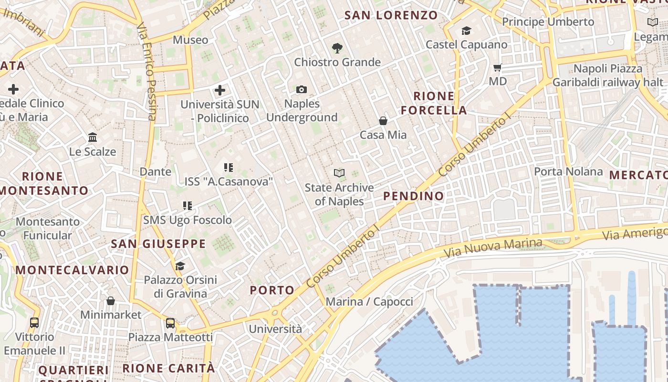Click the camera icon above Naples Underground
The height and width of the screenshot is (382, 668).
301,89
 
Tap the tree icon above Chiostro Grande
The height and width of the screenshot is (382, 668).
337,48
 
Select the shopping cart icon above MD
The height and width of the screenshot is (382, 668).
498,68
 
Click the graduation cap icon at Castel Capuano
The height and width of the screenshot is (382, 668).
466,31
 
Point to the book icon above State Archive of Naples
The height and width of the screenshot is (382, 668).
339,173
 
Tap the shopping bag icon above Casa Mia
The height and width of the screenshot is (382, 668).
383,121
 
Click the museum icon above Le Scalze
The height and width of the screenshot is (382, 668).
93,138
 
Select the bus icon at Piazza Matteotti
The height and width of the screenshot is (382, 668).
170,323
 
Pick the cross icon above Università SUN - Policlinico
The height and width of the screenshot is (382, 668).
220,90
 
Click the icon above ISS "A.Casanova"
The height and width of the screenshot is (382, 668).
229,167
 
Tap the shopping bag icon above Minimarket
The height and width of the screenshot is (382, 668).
111,301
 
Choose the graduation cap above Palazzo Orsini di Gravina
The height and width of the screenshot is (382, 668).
180,266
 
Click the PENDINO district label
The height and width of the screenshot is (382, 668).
413,196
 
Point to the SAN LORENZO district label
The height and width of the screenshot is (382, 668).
391,15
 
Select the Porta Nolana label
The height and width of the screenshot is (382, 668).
568,171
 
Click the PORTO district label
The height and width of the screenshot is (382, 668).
272,290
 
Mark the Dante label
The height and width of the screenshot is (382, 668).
155,171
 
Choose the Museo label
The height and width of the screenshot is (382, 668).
190,40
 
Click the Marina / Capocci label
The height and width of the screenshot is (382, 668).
369,302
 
